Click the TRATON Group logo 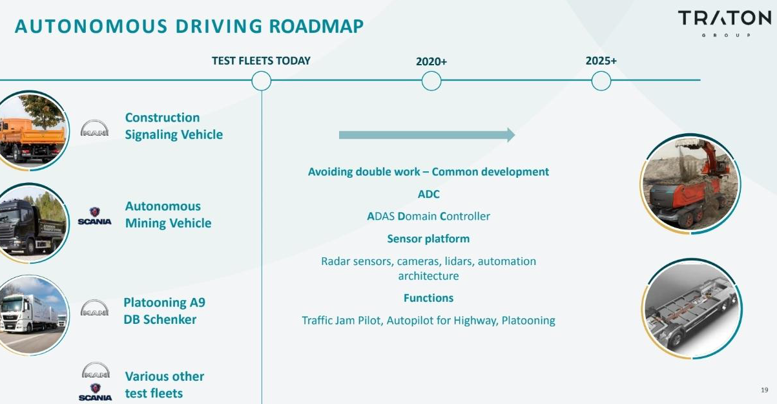click(725, 23)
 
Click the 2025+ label click(601, 61)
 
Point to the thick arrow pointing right click(427, 134)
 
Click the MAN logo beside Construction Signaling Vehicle click(94, 128)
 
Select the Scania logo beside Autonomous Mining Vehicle click(94, 216)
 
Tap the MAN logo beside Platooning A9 click(94, 308)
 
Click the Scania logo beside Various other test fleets click(95, 392)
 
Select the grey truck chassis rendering click(692, 309)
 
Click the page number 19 click(765, 390)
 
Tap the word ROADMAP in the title click(316, 27)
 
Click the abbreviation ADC click(428, 194)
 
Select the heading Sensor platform click(428, 239)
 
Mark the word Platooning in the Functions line click(528, 321)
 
